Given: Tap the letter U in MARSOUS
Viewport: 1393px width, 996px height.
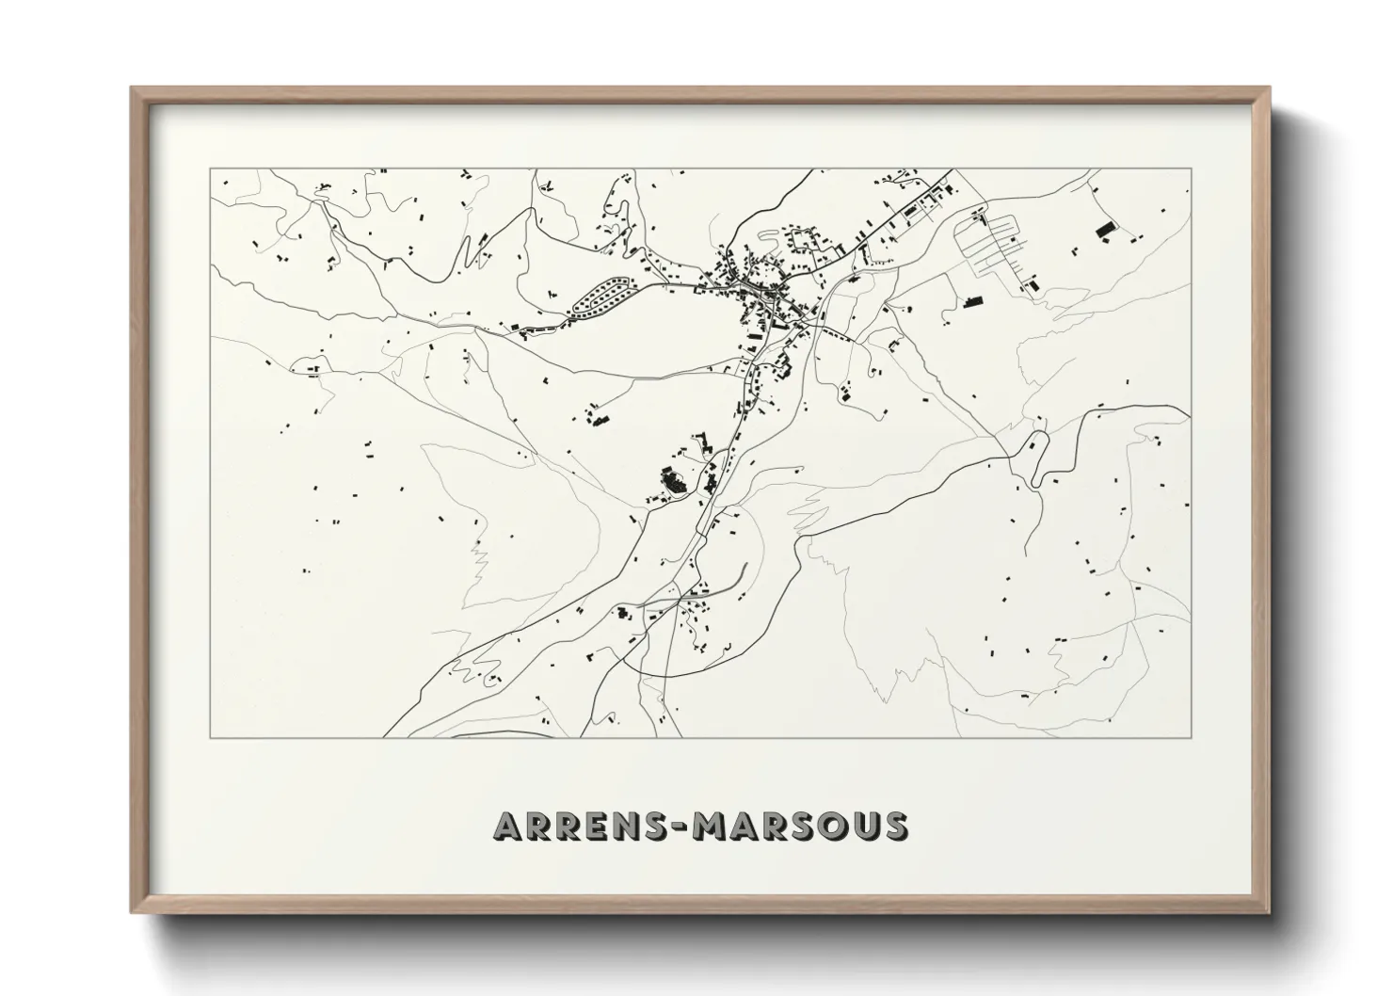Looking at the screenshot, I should pyautogui.click(x=864, y=826).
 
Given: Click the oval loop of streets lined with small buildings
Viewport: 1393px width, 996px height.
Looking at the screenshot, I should pyautogui.click(x=600, y=294).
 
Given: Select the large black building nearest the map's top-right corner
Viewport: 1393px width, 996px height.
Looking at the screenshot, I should pyautogui.click(x=1104, y=228).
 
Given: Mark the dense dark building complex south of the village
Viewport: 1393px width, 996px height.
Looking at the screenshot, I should pyautogui.click(x=671, y=484).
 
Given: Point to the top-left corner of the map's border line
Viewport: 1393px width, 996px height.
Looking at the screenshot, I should pyautogui.click(x=211, y=169).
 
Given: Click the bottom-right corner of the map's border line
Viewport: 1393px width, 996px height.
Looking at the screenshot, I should pyautogui.click(x=1192, y=737).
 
